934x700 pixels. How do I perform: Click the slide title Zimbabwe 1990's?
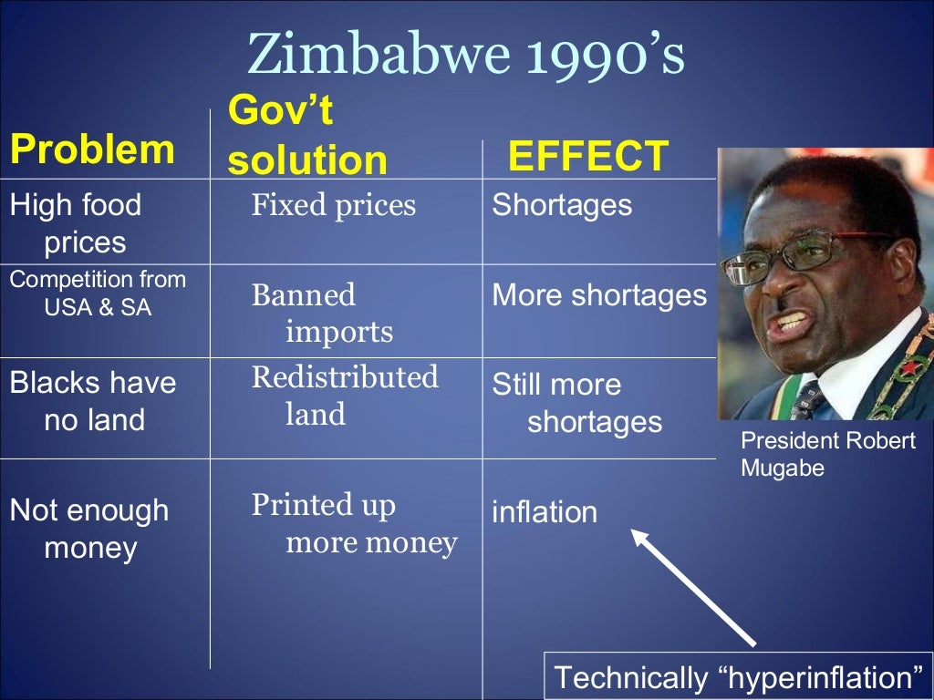click(466, 55)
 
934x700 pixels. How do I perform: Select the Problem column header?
click(91, 149)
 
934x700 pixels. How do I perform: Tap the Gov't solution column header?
click(306, 137)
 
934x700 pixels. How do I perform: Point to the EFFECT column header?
click(588, 157)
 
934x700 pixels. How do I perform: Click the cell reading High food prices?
click(77, 223)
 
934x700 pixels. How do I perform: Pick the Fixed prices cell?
click(333, 205)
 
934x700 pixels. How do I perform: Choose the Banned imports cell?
click(321, 314)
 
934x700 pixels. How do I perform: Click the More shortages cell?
click(599, 295)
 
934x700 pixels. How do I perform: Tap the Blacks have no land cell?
click(93, 401)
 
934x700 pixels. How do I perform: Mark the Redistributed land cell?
click(344, 396)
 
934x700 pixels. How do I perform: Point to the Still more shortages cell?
click(576, 403)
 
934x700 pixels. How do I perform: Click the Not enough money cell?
click(89, 529)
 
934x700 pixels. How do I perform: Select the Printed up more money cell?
click(353, 524)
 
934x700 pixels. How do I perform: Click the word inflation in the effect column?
click(545, 512)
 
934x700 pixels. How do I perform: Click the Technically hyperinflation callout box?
click(738, 677)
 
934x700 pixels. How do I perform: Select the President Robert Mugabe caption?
click(827, 454)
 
